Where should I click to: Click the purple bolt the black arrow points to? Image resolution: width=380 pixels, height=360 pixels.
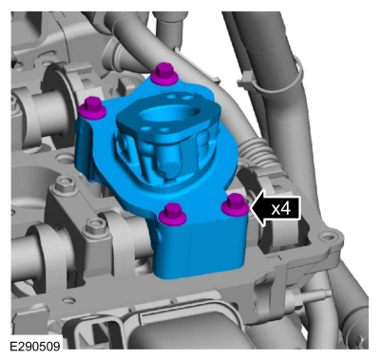tap(235, 204)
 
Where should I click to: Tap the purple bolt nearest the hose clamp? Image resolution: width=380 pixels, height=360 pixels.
tap(164, 74)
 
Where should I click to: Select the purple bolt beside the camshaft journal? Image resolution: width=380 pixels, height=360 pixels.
tap(92, 107)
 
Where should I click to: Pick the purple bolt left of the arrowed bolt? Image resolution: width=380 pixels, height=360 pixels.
tap(173, 214)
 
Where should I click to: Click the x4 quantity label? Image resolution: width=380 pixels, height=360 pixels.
tap(281, 209)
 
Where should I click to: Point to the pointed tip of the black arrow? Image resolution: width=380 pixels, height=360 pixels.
tap(251, 209)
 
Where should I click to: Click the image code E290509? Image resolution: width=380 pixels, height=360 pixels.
tap(35, 346)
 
